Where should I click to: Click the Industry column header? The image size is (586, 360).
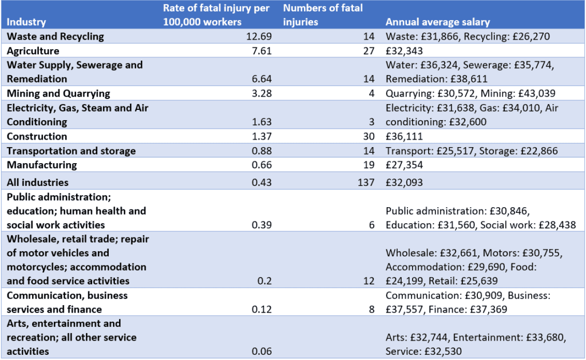tap(26, 22)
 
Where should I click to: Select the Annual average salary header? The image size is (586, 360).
tap(437, 22)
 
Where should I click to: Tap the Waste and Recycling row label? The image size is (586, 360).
tap(55, 37)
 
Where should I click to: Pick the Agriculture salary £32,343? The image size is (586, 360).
tap(405, 51)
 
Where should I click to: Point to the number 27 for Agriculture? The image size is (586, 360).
tap(369, 51)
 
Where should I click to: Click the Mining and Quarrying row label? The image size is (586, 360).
tap(58, 93)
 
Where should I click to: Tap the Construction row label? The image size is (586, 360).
tap(37, 136)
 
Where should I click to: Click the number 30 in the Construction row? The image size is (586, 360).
tap(369, 136)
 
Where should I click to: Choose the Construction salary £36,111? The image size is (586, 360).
tap(405, 136)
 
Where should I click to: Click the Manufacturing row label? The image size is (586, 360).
tap(41, 165)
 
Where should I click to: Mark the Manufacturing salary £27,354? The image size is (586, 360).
tap(405, 165)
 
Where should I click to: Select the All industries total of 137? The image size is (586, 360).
tap(366, 183)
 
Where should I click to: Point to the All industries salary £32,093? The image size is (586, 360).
tap(405, 183)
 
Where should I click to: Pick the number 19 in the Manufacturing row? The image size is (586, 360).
tap(369, 165)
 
